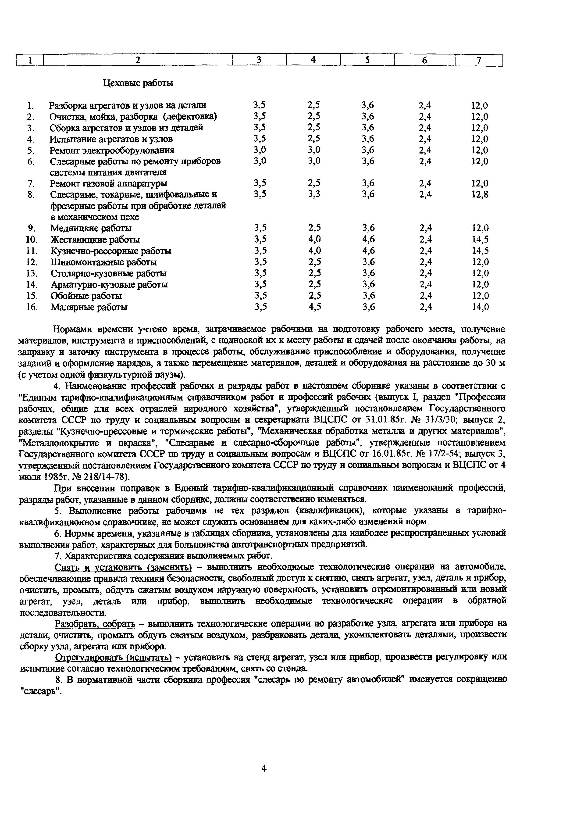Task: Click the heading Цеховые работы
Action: click(138, 83)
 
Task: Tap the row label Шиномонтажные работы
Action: click(103, 262)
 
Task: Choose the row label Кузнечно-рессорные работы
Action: click(111, 251)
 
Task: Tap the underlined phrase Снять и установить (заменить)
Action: click(123, 567)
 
